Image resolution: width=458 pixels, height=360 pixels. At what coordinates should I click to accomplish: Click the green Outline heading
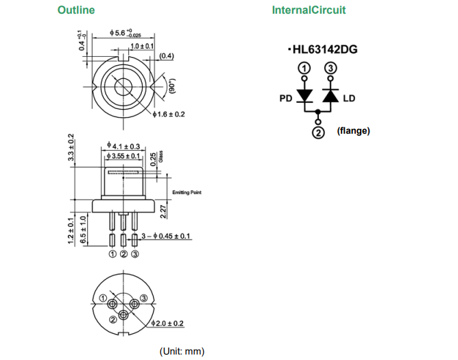[76, 10]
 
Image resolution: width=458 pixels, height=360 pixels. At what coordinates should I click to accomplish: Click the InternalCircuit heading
[309, 10]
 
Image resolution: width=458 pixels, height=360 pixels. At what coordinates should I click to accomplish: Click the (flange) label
[353, 130]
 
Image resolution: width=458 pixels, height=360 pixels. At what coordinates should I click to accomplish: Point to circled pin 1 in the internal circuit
[304, 69]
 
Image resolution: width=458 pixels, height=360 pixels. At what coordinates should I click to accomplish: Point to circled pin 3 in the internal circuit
[330, 69]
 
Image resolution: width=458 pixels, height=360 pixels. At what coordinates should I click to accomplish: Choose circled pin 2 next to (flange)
[317, 132]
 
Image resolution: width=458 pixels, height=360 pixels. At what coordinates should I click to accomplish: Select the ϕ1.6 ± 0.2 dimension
[169, 114]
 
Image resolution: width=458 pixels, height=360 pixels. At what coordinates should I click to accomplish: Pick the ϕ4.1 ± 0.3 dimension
[124, 146]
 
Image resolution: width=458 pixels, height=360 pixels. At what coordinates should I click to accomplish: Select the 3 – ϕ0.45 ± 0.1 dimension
[166, 237]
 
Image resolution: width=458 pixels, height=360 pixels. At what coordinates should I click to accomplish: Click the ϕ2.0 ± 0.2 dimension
[167, 323]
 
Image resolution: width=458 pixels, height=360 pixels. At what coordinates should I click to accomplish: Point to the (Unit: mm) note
[182, 351]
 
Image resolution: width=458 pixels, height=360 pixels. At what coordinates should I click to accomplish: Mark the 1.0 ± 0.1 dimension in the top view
[142, 45]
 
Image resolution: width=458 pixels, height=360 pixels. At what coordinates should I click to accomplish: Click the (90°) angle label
[172, 86]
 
